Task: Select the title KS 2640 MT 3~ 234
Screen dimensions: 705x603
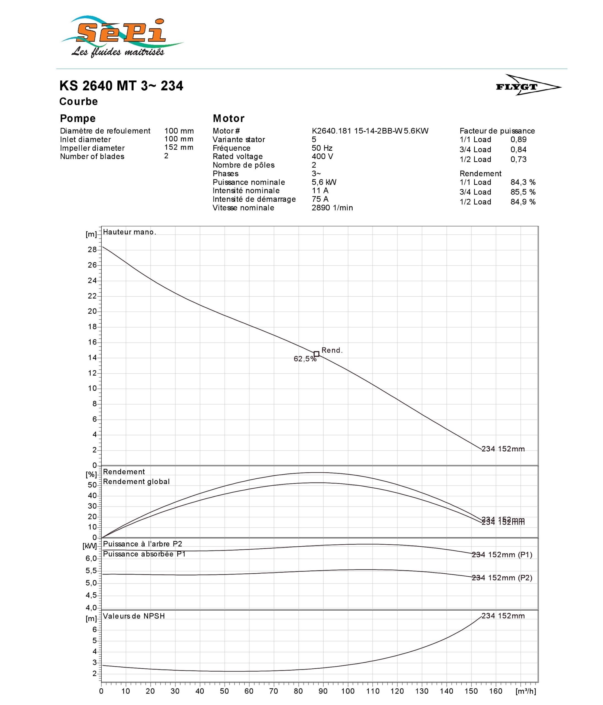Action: coord(121,86)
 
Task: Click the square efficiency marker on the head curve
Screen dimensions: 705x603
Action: coord(316,354)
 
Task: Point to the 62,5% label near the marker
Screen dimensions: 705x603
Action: coord(305,359)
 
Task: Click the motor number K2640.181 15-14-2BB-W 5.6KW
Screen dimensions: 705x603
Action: coord(370,131)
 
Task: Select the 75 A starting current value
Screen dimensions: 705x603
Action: coord(320,199)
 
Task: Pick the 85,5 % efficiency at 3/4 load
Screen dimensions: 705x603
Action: coord(523,192)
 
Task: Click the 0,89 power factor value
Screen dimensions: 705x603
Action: coord(518,140)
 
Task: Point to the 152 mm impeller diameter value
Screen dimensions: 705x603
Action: coord(179,148)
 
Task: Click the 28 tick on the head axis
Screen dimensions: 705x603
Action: coord(92,250)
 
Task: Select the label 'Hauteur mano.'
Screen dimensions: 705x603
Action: coord(129,232)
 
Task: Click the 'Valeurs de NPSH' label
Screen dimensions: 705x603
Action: coord(134,616)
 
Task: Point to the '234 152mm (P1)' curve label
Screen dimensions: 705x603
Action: coord(502,555)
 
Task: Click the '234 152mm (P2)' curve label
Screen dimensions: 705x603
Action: coord(502,578)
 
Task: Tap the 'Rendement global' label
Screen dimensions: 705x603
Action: coord(136,482)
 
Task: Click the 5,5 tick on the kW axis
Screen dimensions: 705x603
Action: coord(91,571)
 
